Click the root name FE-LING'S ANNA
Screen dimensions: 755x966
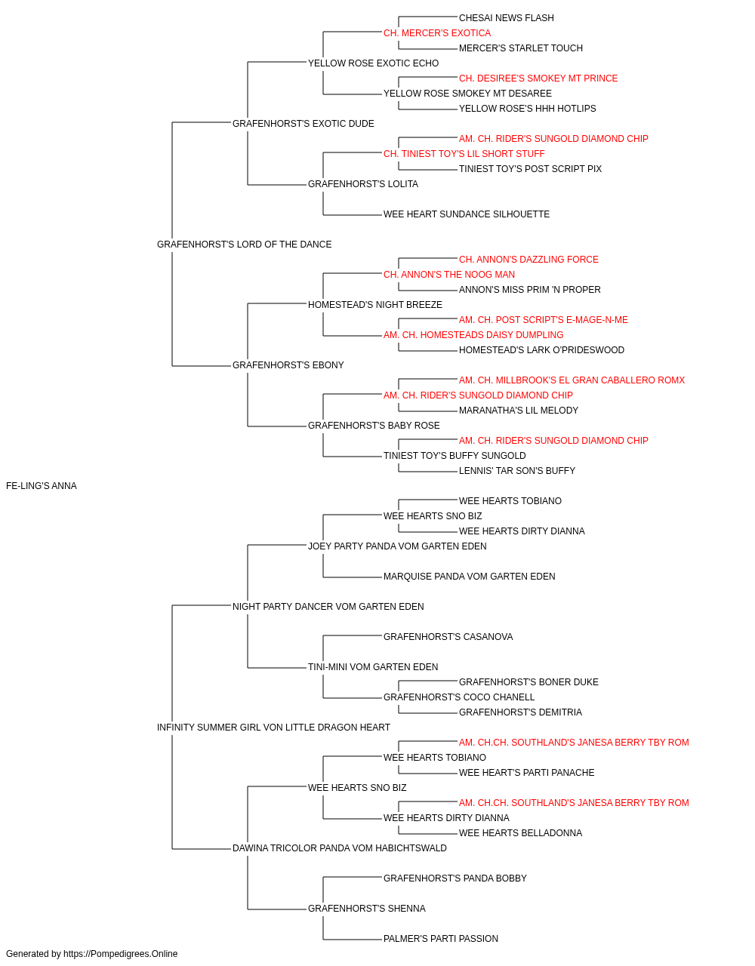coord(42,486)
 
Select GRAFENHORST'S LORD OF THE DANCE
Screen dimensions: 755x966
coord(244,245)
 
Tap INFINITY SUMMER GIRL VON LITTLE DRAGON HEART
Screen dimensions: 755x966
coord(273,728)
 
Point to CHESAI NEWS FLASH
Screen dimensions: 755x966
coord(507,18)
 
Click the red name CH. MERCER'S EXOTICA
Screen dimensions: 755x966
coord(437,33)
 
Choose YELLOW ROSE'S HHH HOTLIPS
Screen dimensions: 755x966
coord(527,109)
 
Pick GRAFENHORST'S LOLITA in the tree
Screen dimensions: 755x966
coord(363,184)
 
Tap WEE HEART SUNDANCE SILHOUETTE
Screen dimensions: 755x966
coord(467,214)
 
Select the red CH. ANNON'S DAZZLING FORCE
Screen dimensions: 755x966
coord(528,260)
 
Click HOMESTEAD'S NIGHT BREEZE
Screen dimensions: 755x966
coord(374,305)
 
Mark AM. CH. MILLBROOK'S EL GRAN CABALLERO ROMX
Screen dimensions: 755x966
coord(572,380)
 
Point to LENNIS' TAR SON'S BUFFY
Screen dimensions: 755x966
coord(517,471)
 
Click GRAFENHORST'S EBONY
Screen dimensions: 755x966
coord(288,365)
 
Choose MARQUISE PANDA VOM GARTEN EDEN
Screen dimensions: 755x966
coord(469,577)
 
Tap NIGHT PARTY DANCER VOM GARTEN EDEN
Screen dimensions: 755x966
coord(328,607)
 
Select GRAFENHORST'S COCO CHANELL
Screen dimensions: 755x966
coord(459,697)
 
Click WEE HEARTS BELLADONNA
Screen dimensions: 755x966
coord(520,833)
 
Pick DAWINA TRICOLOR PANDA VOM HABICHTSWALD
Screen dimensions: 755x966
coord(340,848)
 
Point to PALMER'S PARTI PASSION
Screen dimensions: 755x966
coord(441,938)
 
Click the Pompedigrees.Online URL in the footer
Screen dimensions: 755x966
coord(120,954)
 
